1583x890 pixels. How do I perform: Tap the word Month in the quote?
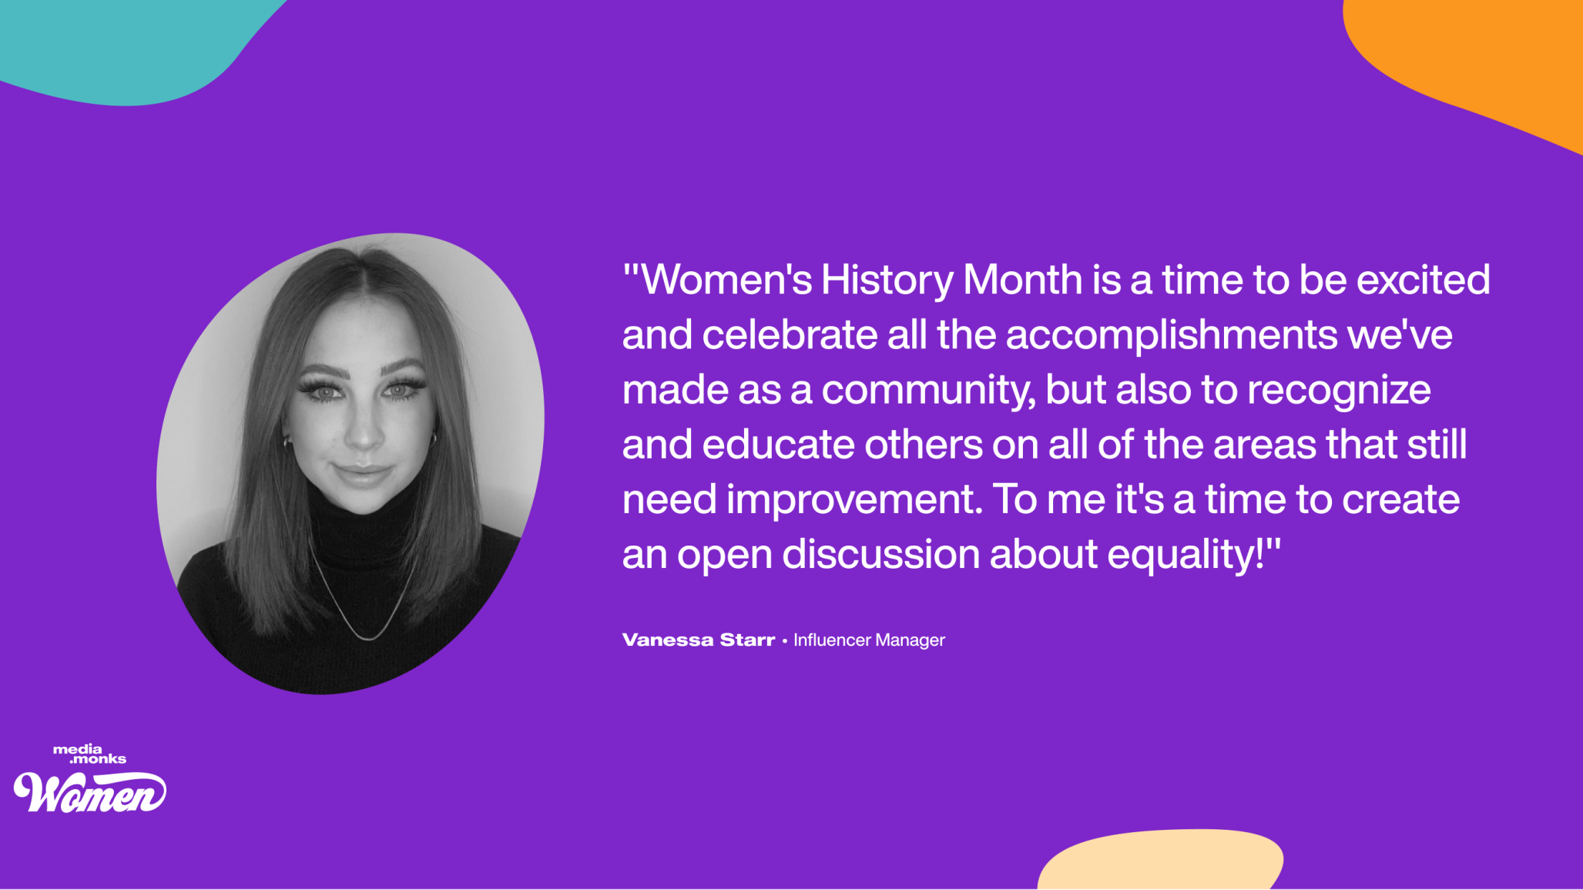1023,280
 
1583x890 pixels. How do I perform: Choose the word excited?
1423,280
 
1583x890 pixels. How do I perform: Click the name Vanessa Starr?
699,640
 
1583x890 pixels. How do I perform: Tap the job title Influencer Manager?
869,640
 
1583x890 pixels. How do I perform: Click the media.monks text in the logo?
89,754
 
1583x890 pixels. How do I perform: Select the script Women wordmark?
89,791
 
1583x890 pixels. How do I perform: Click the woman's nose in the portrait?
363,432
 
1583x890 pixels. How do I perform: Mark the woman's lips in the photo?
361,472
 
